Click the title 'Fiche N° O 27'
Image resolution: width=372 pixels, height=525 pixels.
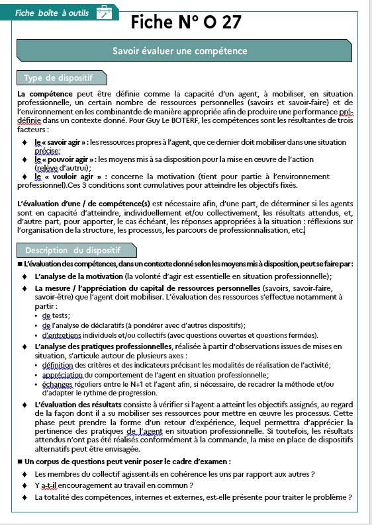pyautogui.click(x=186, y=22)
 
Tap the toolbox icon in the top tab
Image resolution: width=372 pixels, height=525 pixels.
pyautogui.click(x=103, y=12)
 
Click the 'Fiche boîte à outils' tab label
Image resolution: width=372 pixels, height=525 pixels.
pyautogui.click(x=53, y=12)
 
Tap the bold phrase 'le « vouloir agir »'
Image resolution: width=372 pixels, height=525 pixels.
pyautogui.click(x=64, y=177)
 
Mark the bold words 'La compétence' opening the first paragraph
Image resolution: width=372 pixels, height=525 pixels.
pyautogui.click(x=40, y=95)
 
